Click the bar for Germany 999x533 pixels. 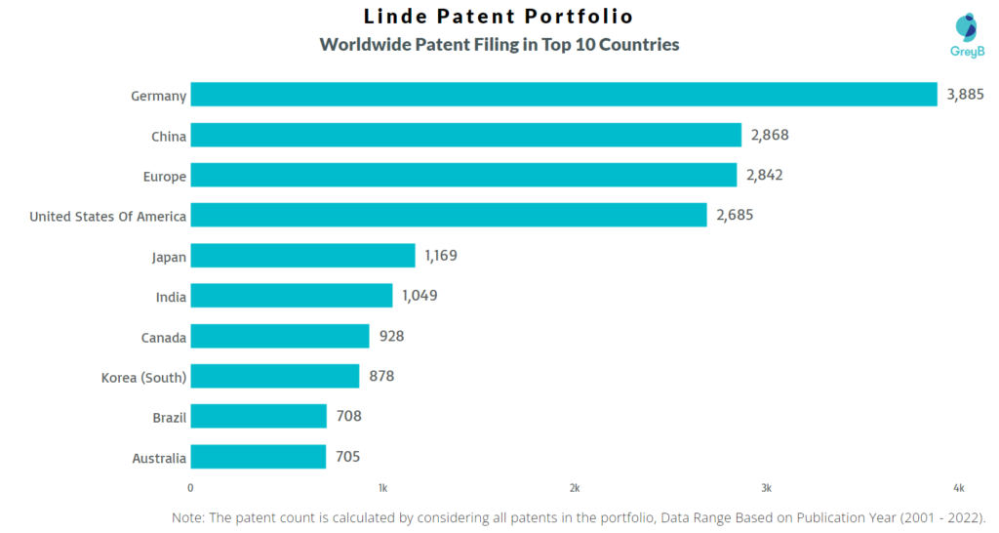point(563,95)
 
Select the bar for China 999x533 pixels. point(465,135)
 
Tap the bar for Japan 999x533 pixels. point(302,256)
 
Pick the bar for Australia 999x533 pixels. point(258,457)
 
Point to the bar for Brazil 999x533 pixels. point(259,416)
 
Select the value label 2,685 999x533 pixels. point(735,215)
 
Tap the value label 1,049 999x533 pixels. point(419,296)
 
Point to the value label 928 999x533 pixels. point(391,336)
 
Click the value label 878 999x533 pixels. point(381,376)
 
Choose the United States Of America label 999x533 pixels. point(107,216)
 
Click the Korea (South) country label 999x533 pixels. point(143,377)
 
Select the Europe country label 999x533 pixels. point(161,176)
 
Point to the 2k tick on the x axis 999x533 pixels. point(575,487)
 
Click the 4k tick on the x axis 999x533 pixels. point(959,487)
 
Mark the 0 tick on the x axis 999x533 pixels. point(190,487)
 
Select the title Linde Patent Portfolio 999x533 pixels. point(499,17)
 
